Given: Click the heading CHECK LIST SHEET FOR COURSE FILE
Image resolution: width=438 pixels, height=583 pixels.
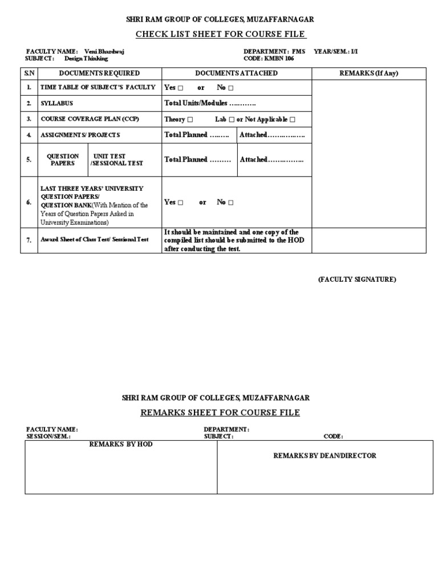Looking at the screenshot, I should pos(220,35).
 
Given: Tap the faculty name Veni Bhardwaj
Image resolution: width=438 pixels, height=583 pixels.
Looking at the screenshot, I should pos(104,51).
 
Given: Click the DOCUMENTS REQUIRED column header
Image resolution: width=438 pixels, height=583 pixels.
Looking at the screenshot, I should pos(99,73).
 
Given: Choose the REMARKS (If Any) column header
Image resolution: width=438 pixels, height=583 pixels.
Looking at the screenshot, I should pos(368,73).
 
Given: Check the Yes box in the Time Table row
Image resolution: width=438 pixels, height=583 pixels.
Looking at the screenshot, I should pos(181,88).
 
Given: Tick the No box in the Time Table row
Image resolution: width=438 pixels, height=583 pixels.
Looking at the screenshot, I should pos(231,88).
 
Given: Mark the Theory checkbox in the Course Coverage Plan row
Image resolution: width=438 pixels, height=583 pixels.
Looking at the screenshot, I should pos(190,120).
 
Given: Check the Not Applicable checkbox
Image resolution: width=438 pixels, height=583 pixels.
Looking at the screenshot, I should pos(293,120).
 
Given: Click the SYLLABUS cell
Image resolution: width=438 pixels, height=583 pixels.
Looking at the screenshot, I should pos(57,104).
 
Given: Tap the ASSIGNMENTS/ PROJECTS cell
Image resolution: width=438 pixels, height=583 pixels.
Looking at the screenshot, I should pos(80,136).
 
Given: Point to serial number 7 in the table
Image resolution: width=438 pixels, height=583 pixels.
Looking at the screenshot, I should pos(29,240).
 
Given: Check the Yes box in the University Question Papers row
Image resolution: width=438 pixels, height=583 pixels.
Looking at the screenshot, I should pos(181,203).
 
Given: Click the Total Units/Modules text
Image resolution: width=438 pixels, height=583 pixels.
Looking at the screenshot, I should pos(210,104).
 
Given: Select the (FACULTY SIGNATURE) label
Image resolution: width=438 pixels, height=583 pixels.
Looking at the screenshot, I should pos(357,279).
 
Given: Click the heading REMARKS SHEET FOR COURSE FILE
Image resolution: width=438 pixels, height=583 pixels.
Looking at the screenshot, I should pos(220,412).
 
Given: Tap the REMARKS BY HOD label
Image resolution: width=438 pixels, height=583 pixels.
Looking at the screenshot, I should pos(121,444).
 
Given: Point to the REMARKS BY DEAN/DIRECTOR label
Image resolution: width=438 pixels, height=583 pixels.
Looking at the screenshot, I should pos(325,455).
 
